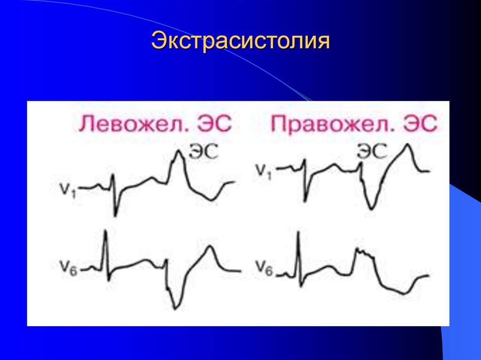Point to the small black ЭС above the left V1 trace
[x=203, y=152]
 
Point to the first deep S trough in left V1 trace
[x=115, y=215]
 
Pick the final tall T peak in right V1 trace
[x=409, y=145]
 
